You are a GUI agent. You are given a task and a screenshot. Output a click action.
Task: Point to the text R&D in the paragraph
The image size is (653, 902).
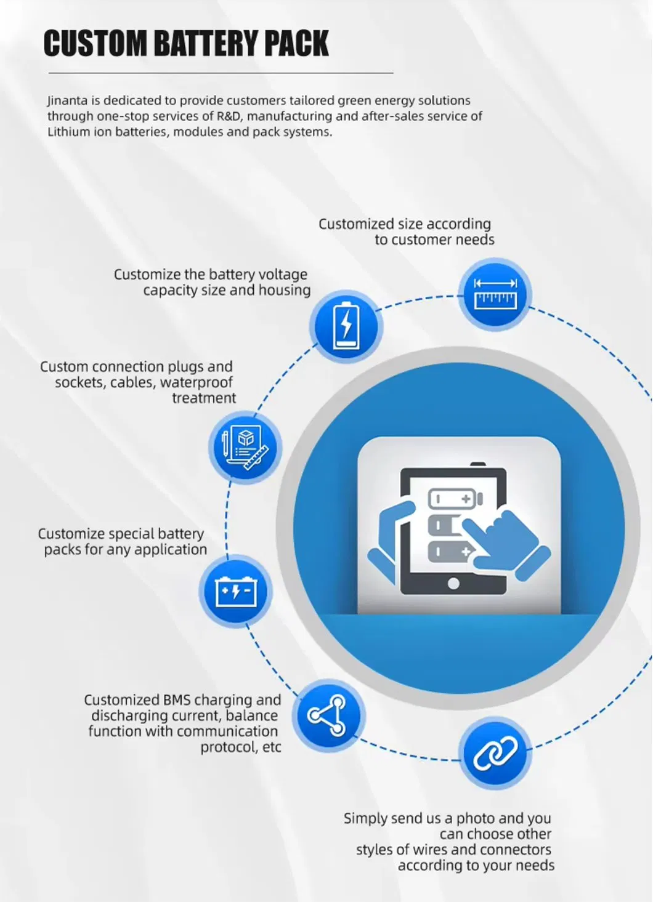pyautogui.click(x=229, y=116)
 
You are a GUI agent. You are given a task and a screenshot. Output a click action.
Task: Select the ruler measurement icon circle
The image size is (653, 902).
pyautogui.click(x=495, y=294)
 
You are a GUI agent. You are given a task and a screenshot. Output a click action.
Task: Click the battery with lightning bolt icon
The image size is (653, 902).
pyautogui.click(x=346, y=325)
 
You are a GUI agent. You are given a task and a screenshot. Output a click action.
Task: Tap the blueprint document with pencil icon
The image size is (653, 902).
pyautogui.click(x=245, y=447)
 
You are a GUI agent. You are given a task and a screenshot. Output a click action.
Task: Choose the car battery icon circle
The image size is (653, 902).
pyautogui.click(x=235, y=591)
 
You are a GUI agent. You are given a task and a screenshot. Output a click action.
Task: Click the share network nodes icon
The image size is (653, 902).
pyautogui.click(x=328, y=715)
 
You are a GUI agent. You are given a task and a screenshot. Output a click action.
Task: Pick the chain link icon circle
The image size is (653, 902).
pyautogui.click(x=495, y=753)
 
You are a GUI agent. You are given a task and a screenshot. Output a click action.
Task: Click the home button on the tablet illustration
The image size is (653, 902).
pyautogui.click(x=453, y=583)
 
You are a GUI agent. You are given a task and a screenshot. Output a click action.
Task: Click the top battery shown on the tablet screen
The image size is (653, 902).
pyautogui.click(x=455, y=498)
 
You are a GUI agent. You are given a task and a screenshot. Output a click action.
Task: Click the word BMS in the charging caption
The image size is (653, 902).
pyautogui.click(x=177, y=700)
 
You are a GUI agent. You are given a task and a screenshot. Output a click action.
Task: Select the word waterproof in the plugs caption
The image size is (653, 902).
pyautogui.click(x=197, y=382)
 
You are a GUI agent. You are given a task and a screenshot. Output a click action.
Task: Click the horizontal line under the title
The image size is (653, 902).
pyautogui.click(x=221, y=73)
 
